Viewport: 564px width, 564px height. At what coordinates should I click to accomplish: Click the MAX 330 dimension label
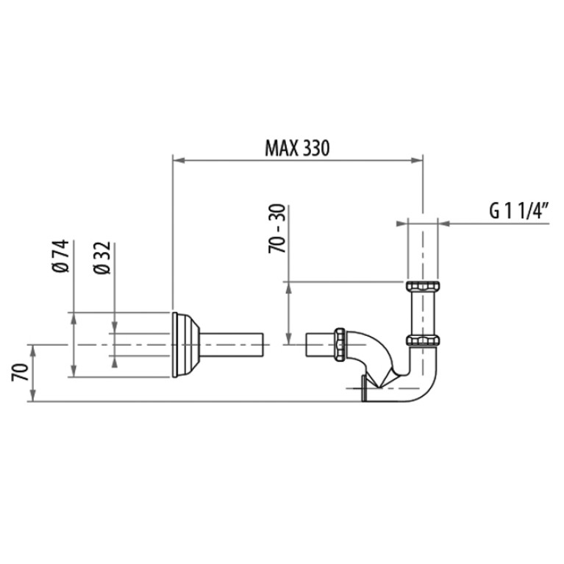(x=297, y=148)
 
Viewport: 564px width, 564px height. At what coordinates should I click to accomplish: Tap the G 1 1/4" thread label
(x=519, y=211)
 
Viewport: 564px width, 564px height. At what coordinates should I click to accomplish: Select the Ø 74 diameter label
(x=60, y=256)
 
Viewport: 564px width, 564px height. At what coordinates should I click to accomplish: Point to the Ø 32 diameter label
(x=101, y=257)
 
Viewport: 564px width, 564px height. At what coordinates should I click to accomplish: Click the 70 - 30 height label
(x=277, y=229)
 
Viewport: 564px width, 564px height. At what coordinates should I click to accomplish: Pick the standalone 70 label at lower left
(x=20, y=372)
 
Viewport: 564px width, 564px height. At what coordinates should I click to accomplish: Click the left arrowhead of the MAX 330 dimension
(x=179, y=160)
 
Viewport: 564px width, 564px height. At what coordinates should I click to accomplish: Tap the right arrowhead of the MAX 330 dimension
(x=416, y=160)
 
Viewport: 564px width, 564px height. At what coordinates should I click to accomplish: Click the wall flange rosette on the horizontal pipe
(x=185, y=345)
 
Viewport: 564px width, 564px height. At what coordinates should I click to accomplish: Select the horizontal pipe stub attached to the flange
(x=232, y=345)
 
